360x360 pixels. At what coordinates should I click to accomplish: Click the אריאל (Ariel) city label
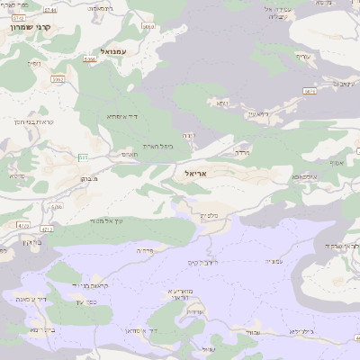[x=193, y=172]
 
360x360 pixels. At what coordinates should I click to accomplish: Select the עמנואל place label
[x=117, y=50]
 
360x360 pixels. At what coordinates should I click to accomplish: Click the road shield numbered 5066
[x=89, y=59]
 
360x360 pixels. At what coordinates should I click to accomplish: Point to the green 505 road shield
[x=84, y=157]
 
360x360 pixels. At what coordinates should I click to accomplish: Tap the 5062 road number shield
[x=58, y=79]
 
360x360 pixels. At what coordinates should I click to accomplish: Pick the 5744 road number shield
[x=49, y=10]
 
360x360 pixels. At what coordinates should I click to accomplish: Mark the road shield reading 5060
[x=148, y=27]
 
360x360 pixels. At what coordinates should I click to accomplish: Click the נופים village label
[x=34, y=63]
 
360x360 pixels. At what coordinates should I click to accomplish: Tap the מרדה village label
[x=241, y=153]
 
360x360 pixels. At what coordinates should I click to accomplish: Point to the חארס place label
[x=130, y=154]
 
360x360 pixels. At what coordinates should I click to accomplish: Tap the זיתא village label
[x=221, y=103]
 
